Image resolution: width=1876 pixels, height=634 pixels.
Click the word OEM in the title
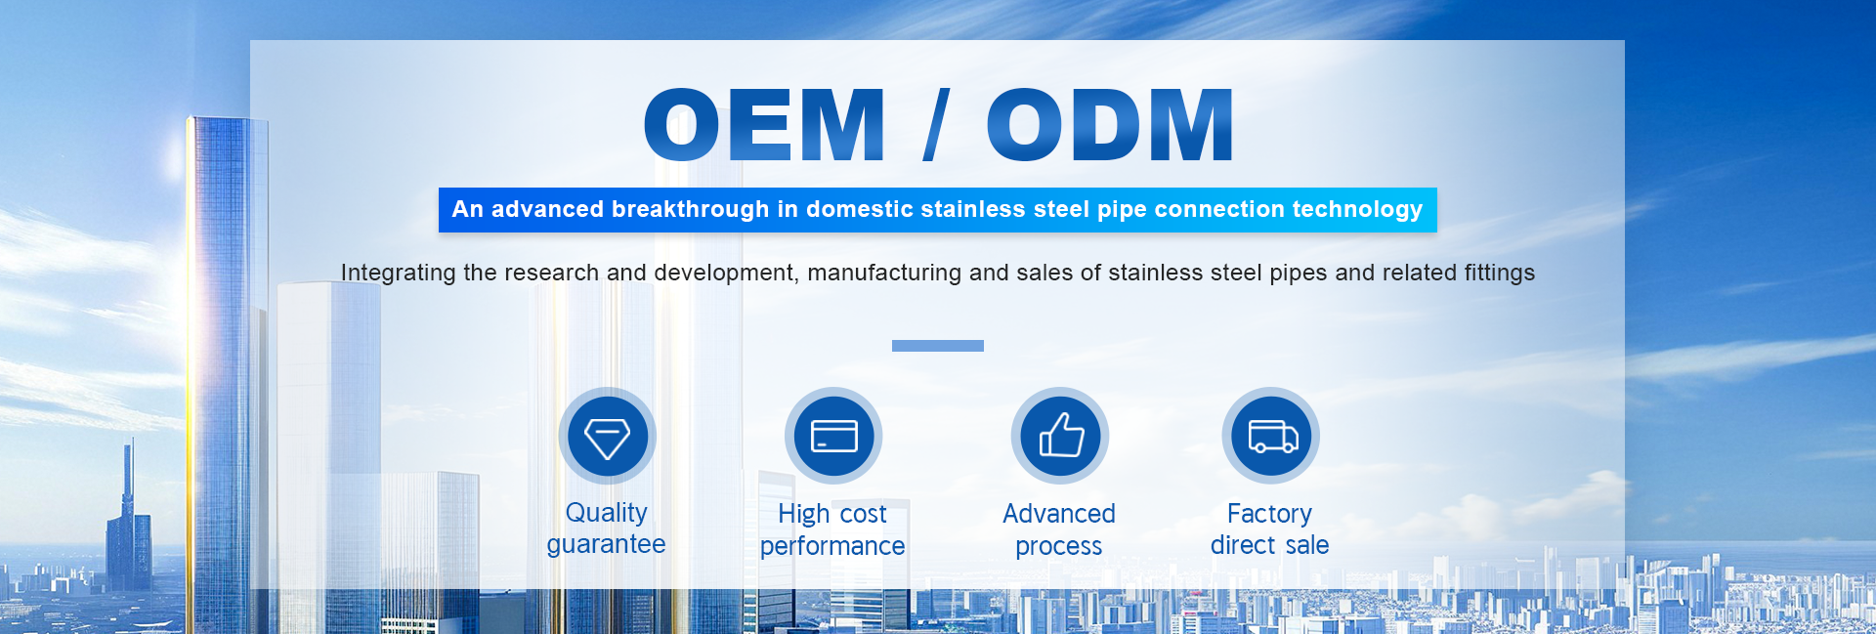[764, 124]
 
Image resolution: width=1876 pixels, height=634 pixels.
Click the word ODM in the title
[1110, 124]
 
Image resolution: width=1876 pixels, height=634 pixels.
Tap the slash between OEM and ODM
[936, 124]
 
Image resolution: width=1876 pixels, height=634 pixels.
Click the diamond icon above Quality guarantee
[607, 436]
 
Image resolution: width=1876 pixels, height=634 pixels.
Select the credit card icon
[833, 436]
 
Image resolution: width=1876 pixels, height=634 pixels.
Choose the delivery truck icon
[1271, 436]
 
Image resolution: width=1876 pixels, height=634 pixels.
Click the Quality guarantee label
[607, 528]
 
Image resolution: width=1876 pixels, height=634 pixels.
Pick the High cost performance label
[832, 529]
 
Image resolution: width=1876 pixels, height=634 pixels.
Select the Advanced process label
[1059, 529]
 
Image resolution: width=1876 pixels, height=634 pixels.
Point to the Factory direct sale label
[1270, 529]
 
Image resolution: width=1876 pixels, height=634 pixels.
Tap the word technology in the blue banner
[1357, 210]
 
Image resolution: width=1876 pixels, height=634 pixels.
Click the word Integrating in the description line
[399, 273]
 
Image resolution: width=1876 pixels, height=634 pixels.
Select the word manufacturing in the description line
[884, 273]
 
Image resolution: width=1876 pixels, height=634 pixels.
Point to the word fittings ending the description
[1500, 273]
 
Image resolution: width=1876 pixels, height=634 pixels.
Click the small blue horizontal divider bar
[938, 346]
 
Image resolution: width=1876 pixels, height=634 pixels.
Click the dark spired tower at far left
[128, 517]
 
